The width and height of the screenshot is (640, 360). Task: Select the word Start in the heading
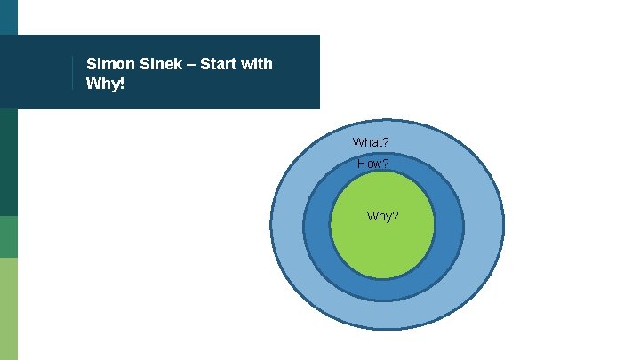pyautogui.click(x=220, y=64)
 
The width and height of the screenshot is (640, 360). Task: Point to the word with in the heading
pyautogui.click(x=257, y=64)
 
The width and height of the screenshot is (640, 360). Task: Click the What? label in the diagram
pyautogui.click(x=371, y=142)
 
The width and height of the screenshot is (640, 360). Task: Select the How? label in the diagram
pyautogui.click(x=372, y=164)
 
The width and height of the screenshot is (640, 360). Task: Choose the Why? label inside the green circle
pyautogui.click(x=382, y=216)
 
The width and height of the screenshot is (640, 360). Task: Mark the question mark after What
pyautogui.click(x=385, y=142)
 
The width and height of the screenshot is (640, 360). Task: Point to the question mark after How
pyautogui.click(x=386, y=164)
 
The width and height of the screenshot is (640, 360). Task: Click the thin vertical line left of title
pyautogui.click(x=72, y=73)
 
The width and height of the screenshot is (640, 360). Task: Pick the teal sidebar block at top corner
pyautogui.click(x=9, y=17)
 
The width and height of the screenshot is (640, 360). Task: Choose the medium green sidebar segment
pyautogui.click(x=9, y=236)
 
